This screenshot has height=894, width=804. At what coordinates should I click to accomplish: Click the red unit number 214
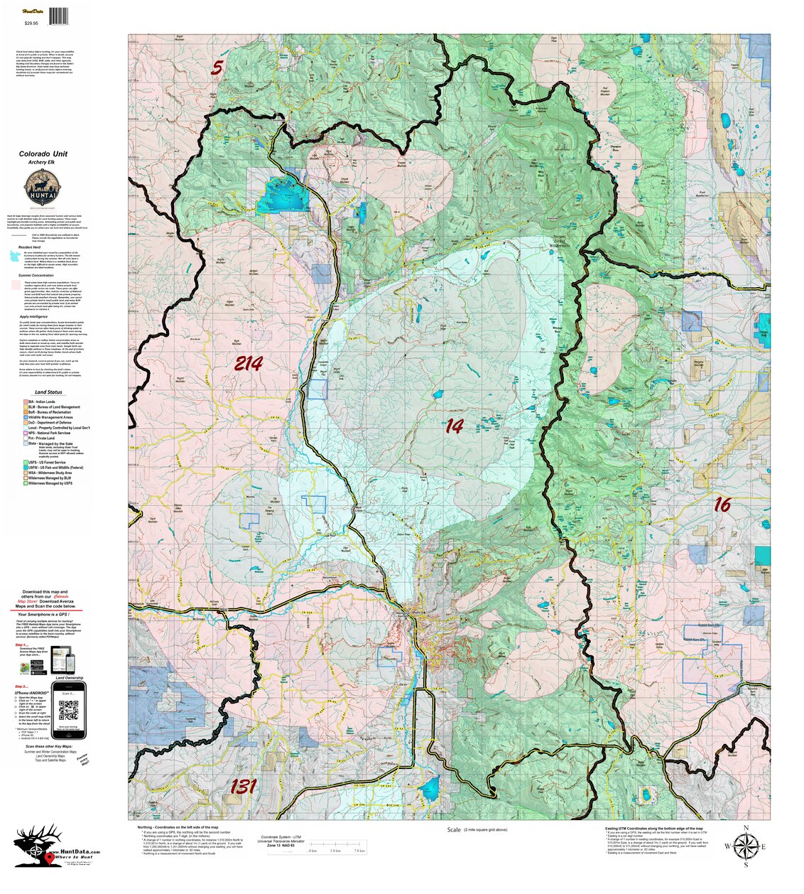[248, 364]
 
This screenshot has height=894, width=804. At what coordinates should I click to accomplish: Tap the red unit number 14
[454, 426]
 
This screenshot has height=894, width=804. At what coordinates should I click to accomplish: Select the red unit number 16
[722, 505]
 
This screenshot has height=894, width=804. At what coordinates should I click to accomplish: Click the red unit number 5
[217, 68]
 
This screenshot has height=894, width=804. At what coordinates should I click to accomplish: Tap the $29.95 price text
[32, 23]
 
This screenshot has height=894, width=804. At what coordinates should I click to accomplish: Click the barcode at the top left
[60, 14]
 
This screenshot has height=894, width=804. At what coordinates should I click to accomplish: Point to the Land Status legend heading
[48, 392]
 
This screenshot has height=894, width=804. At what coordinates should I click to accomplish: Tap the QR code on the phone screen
[68, 709]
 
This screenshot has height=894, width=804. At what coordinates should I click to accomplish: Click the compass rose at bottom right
[745, 846]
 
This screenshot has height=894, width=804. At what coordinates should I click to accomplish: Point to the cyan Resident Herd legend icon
[23, 255]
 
